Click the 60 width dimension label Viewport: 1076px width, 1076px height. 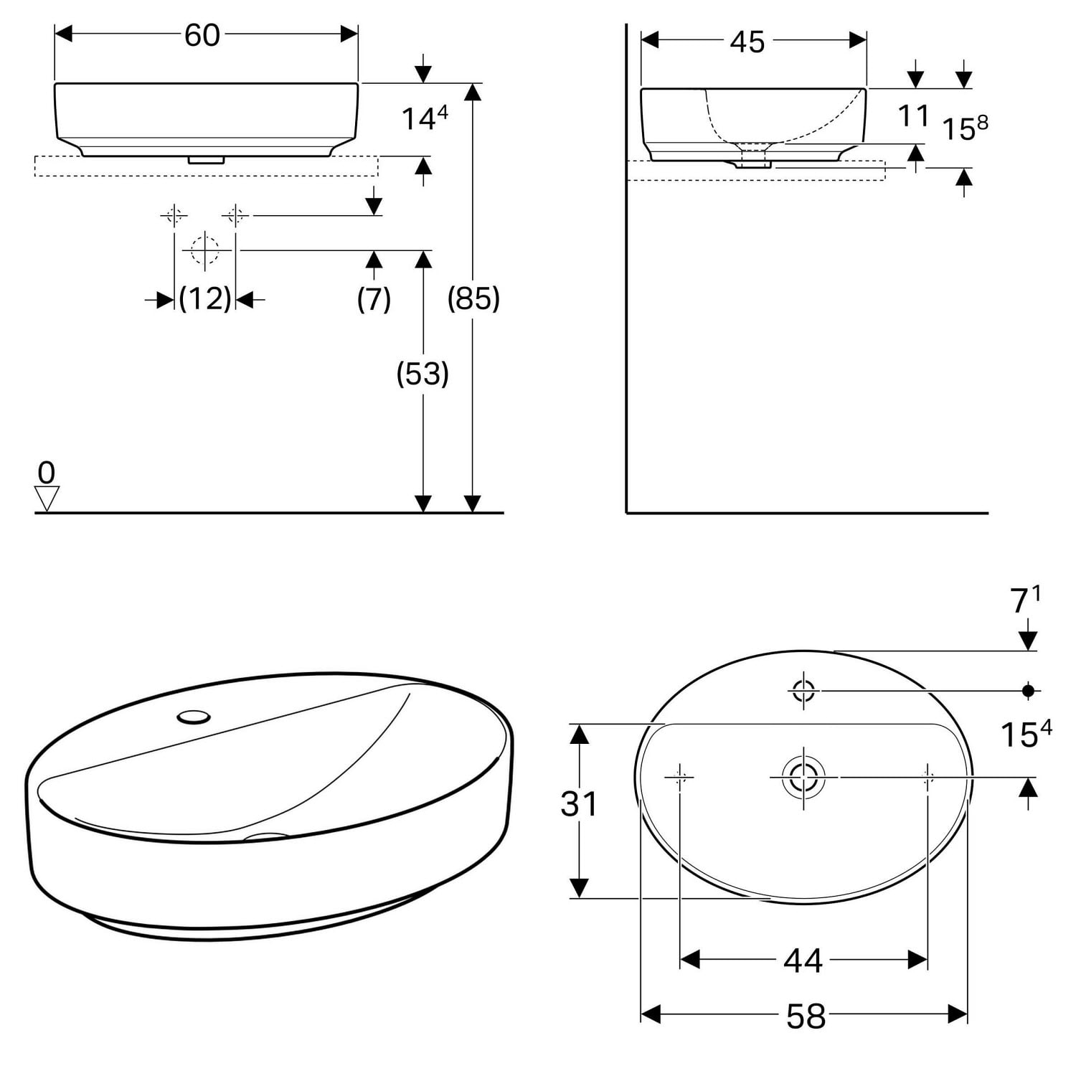tap(202, 35)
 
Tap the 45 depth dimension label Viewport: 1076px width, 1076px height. tap(747, 42)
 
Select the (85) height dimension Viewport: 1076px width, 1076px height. tap(473, 298)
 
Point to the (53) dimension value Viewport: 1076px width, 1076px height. tap(423, 374)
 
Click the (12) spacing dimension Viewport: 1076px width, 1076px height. tap(205, 298)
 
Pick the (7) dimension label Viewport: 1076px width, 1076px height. tap(374, 298)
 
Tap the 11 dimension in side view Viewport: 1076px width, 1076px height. tap(913, 115)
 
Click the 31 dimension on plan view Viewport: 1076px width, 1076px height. tap(578, 804)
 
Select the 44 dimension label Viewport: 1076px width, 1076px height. tap(803, 960)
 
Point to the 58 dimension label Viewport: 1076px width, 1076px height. tap(806, 1016)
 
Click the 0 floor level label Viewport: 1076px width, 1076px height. tap(47, 473)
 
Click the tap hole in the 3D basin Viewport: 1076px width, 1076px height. tap(194, 715)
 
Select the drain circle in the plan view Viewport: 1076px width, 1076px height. tap(803, 777)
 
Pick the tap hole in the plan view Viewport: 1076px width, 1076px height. tap(803, 691)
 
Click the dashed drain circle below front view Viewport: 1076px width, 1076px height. tap(205, 250)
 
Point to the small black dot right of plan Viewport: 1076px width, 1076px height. tap(1028, 690)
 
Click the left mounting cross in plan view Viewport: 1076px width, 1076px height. tap(679, 776)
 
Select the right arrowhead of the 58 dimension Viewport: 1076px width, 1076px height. tap(958, 1014)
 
